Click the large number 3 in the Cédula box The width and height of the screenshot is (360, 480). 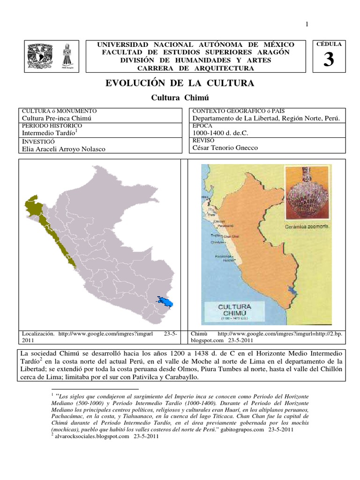click(329, 60)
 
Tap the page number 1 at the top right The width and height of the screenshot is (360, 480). click(307, 25)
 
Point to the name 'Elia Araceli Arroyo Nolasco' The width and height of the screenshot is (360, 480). click(64, 149)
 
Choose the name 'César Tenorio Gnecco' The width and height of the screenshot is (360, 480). click(225, 148)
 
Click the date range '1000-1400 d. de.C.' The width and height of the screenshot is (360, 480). click(218, 133)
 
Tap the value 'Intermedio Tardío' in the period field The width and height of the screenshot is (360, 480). click(48, 133)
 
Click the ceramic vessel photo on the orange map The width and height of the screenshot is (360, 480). click(307, 197)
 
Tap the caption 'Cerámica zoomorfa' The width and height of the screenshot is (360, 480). click(307, 226)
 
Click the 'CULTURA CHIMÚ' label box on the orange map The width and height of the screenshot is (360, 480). click(235, 311)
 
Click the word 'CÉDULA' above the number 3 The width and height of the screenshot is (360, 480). click(329, 44)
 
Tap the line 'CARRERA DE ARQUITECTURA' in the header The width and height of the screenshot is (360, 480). click(195, 68)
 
